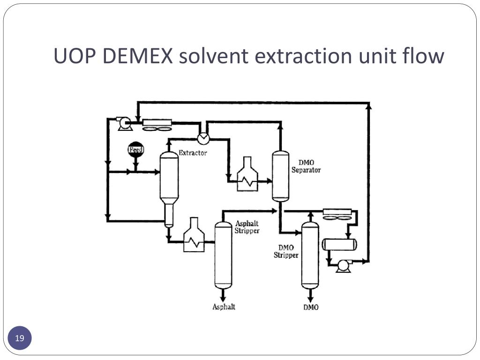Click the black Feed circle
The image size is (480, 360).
[x=135, y=150]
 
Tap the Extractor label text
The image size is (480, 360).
[x=193, y=153]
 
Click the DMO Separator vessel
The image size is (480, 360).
[x=281, y=176]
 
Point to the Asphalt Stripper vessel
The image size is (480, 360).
[x=223, y=255]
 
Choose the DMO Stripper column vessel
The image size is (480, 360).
[x=310, y=255]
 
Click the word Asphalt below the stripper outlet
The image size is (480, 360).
[x=224, y=307]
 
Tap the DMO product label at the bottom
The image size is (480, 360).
[x=311, y=307]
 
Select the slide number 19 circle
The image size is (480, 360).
[x=20, y=338]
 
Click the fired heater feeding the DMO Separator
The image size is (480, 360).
[x=247, y=174]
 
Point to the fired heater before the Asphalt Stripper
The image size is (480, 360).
[x=194, y=235]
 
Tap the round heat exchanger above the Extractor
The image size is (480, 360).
[x=203, y=138]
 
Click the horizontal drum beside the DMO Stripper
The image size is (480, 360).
[x=339, y=244]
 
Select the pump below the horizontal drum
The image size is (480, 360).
[x=343, y=266]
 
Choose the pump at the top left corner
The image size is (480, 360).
[x=124, y=123]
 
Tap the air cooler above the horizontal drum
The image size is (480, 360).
[x=337, y=215]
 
